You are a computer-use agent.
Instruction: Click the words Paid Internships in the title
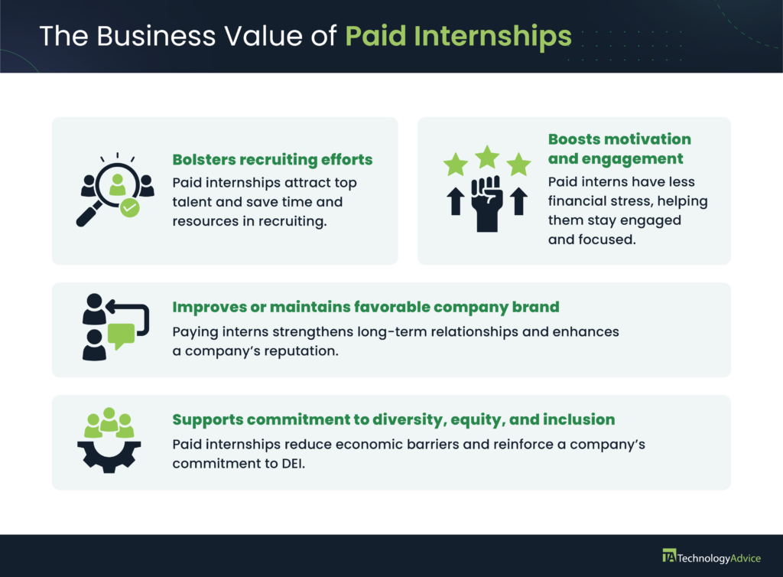tap(458, 36)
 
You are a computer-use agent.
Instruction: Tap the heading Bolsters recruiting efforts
tap(272, 159)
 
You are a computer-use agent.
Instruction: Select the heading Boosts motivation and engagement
tap(619, 149)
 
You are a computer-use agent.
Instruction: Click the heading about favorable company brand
tap(366, 307)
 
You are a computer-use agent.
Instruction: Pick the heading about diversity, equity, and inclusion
tap(394, 419)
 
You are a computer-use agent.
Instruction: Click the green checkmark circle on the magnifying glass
tap(130, 207)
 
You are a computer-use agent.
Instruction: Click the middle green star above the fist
tap(487, 157)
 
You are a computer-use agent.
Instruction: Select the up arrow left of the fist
tap(456, 201)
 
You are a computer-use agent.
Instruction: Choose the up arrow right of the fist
tap(519, 201)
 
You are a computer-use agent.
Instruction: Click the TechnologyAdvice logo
tap(712, 557)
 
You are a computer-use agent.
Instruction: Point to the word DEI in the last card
tap(293, 464)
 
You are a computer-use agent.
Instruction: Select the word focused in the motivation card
tap(606, 240)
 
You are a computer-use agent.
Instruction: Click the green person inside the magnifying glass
tap(117, 185)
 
